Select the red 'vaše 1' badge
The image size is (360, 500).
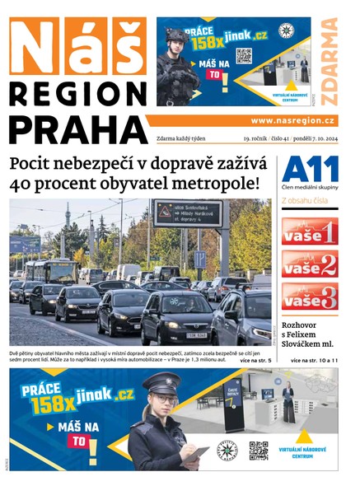310,231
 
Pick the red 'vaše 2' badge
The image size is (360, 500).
310,264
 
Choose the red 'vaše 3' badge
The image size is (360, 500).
310,297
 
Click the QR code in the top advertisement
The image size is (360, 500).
244,56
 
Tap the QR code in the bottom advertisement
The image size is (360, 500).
259,451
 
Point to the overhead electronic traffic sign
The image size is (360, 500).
187,213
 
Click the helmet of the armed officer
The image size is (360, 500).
177,37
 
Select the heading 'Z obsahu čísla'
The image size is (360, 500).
305,200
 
